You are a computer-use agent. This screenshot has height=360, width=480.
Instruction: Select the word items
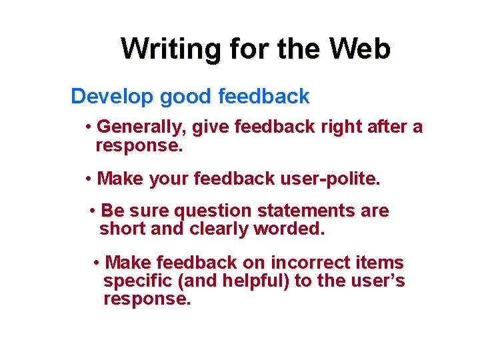381,263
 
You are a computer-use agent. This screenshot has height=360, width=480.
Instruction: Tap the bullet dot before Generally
89,127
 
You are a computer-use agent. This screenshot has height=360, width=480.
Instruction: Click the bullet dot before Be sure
93,211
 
